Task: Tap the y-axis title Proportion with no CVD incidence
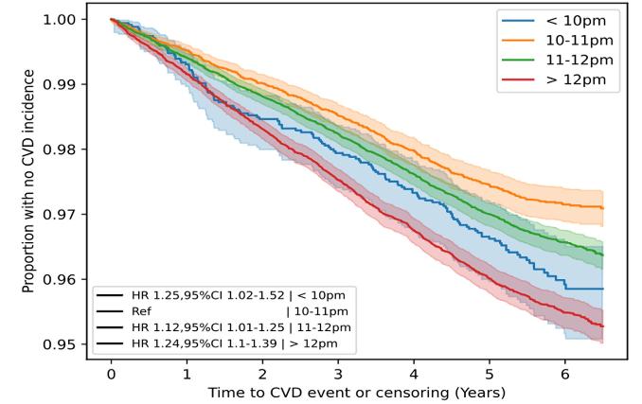pyautogui.click(x=31, y=180)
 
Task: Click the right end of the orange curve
pyautogui.click(x=603, y=207)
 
